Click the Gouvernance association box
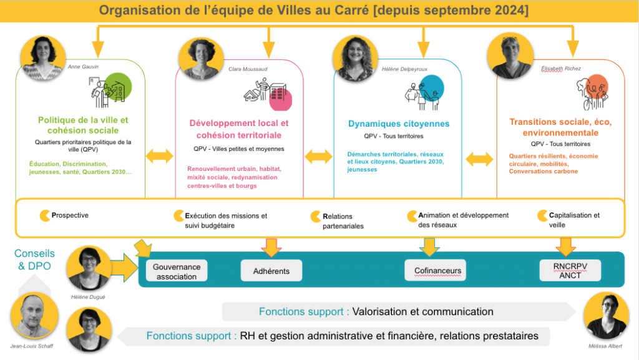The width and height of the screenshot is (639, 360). click(x=177, y=271)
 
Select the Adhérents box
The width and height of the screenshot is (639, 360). click(x=271, y=271)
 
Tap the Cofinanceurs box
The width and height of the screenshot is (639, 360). click(x=437, y=271)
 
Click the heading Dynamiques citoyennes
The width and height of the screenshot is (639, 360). click(x=399, y=124)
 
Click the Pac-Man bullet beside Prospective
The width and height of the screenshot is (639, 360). click(x=46, y=215)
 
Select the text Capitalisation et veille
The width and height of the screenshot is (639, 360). click(x=574, y=220)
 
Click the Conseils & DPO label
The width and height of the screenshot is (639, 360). click(x=35, y=259)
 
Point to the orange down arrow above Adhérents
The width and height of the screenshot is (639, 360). click(x=271, y=246)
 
